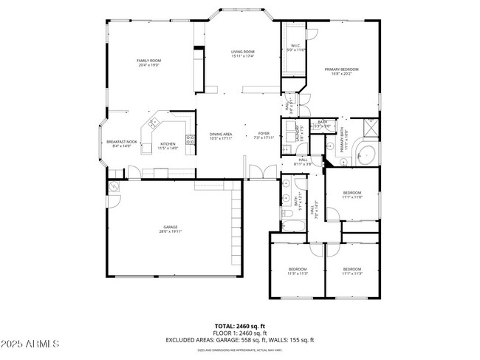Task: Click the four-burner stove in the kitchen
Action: [190, 137]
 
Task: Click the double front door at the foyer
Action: [258, 173]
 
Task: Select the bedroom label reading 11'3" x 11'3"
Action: [298, 273]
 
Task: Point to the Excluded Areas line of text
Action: [240, 340]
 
